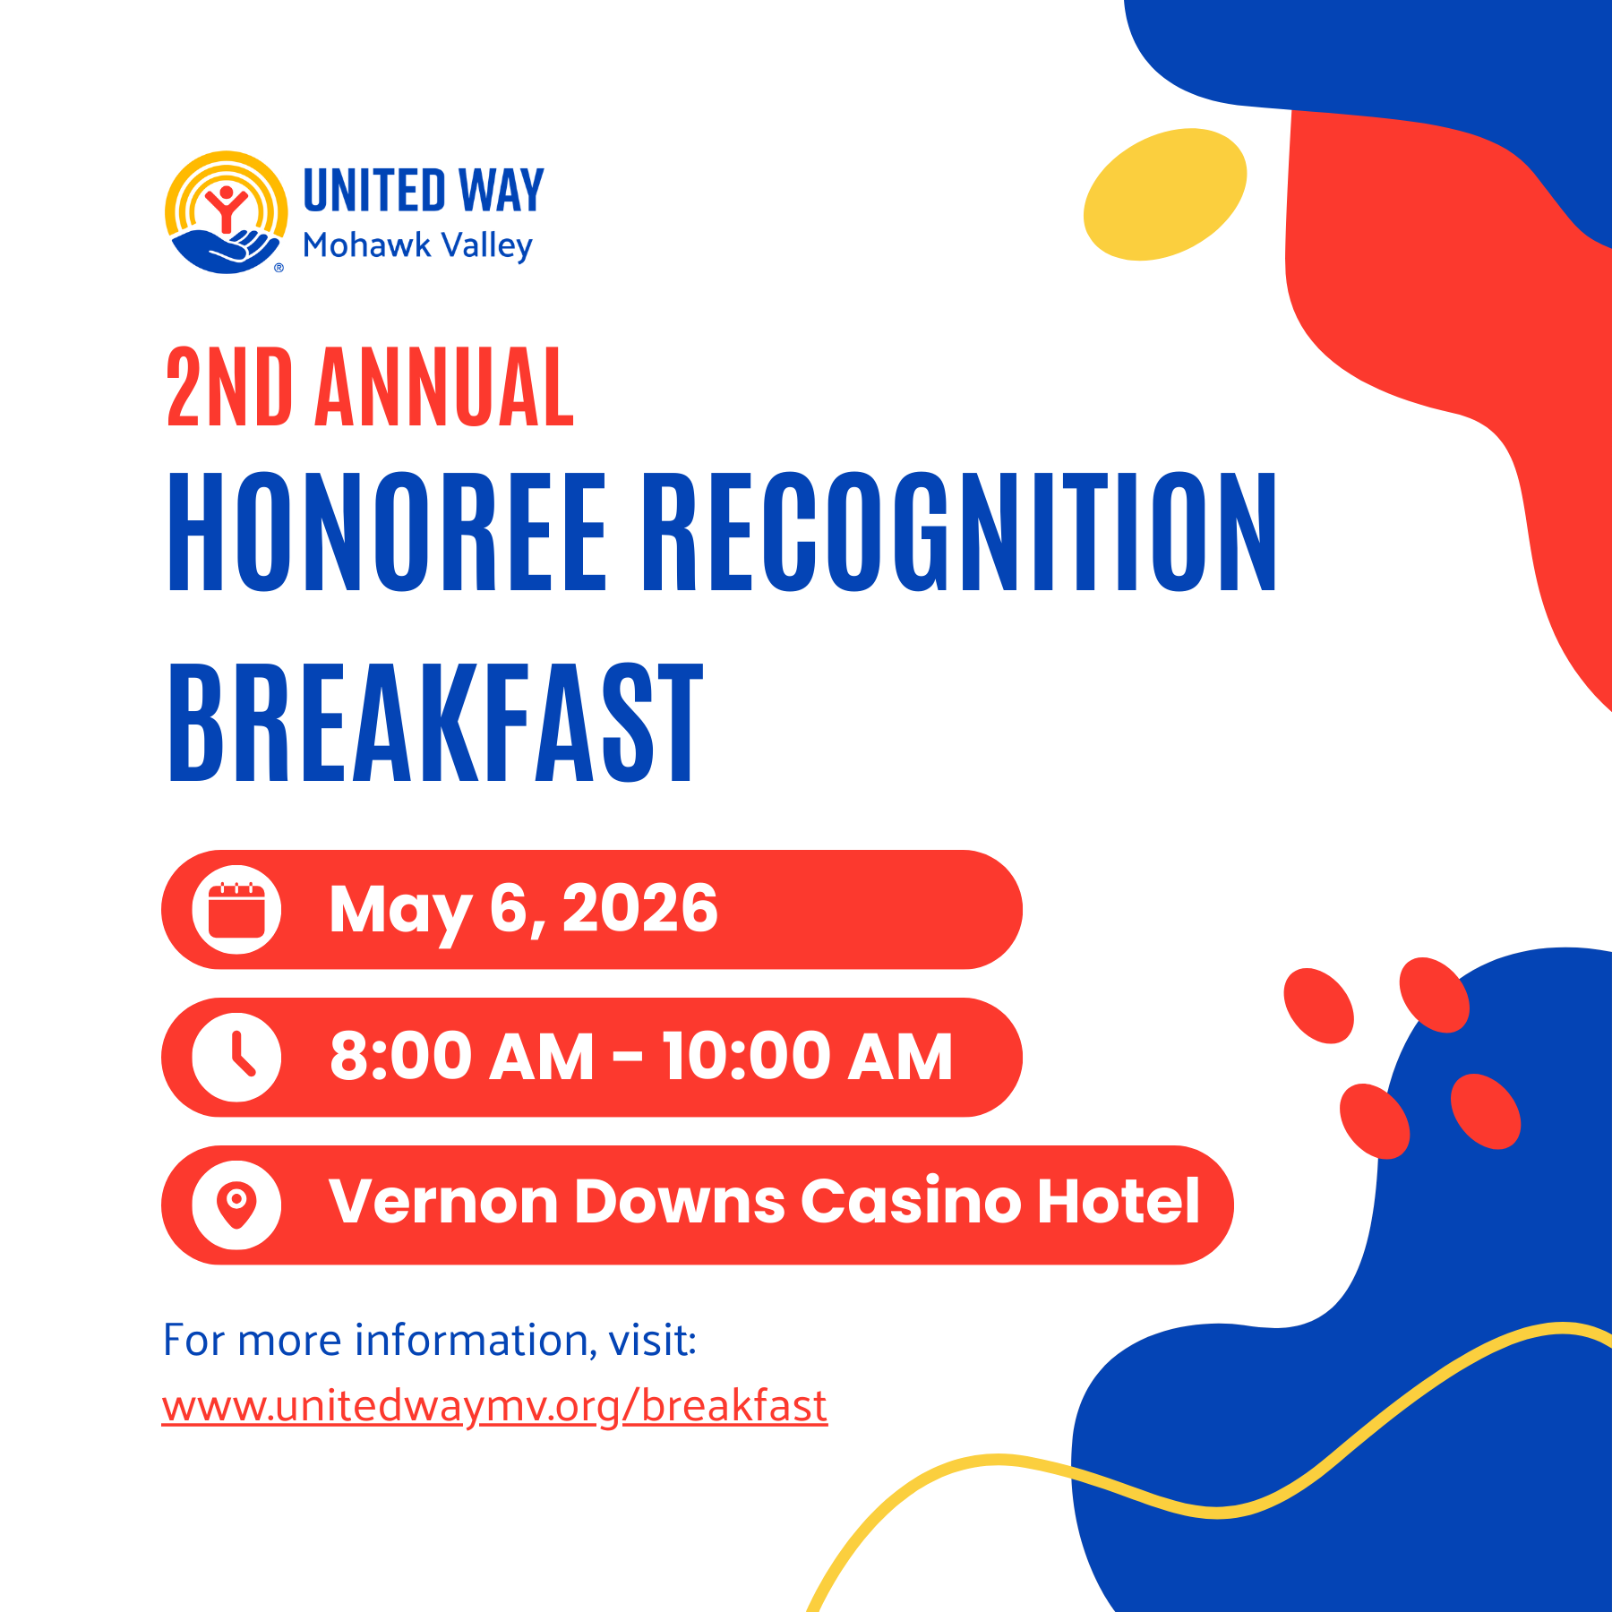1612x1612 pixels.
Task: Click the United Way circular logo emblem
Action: point(227,212)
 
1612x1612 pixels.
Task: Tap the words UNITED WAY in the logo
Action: point(424,190)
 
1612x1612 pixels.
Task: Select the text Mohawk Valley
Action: point(417,245)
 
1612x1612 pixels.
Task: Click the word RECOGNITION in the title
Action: point(960,531)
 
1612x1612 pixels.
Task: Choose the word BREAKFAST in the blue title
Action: point(436,723)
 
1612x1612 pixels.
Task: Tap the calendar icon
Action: point(236,910)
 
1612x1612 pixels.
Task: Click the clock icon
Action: point(236,1058)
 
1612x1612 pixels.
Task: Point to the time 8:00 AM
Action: point(462,1057)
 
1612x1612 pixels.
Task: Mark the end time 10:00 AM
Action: point(808,1057)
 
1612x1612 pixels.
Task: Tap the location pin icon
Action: point(236,1205)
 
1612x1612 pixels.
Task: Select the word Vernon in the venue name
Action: point(444,1202)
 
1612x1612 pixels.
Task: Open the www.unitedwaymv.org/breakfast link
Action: point(494,1407)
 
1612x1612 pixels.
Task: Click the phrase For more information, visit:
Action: point(430,1341)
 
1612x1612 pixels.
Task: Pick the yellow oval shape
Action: point(1164,194)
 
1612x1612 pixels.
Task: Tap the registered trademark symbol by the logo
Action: point(279,267)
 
